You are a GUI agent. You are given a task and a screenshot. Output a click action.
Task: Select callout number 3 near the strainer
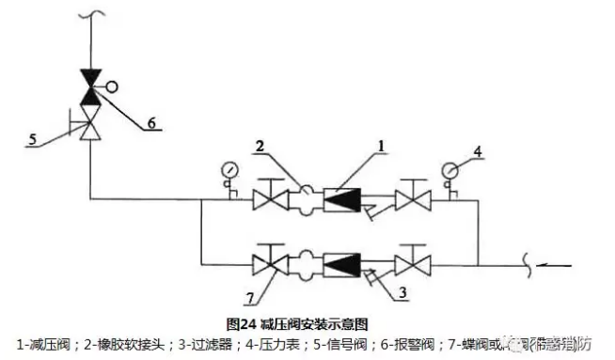[402, 293]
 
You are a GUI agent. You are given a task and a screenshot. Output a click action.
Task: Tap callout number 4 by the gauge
[478, 149]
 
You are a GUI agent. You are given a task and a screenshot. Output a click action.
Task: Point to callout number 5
[32, 140]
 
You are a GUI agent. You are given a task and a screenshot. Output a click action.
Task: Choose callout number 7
[249, 298]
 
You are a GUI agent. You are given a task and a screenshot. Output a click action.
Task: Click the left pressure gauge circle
[229, 170]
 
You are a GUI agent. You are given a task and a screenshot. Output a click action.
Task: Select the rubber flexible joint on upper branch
[307, 199]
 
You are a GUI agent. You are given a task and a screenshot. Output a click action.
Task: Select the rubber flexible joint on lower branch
[307, 258]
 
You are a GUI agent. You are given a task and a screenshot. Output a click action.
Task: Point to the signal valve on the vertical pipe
[91, 123]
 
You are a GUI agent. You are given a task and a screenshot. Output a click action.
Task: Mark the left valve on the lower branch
[273, 258]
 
